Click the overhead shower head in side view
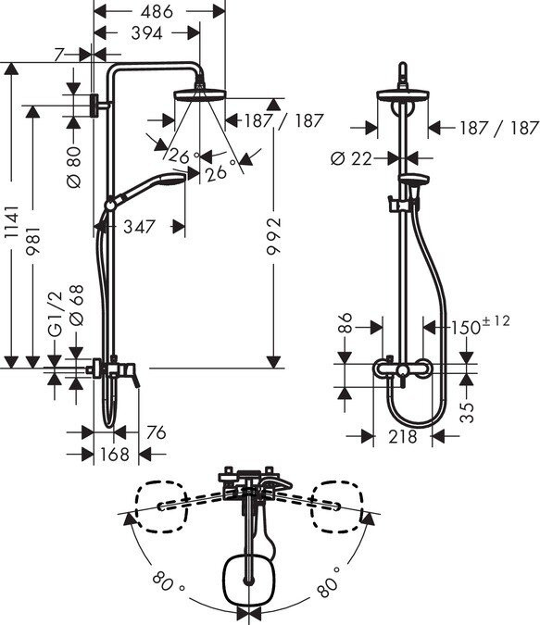pos(197,97)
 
